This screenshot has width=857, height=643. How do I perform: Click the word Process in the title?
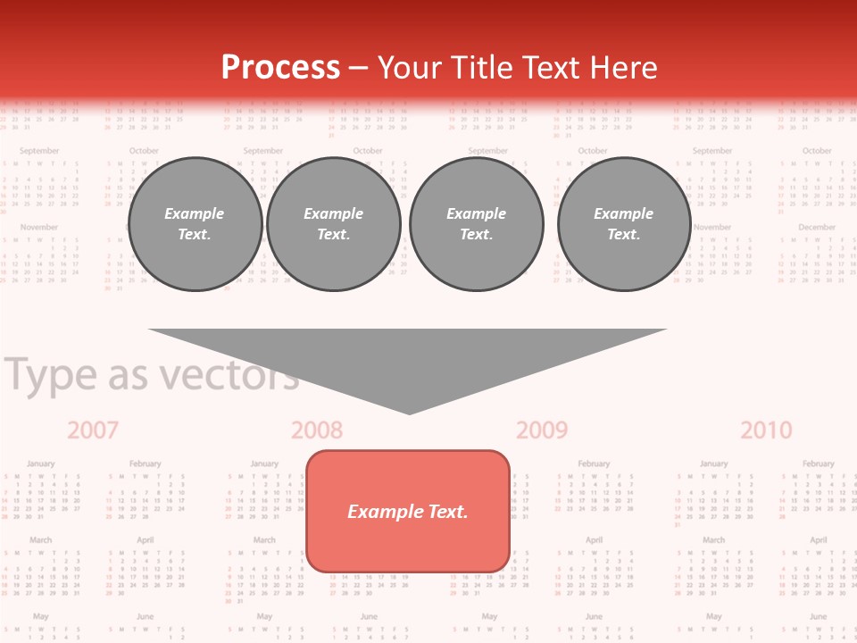tap(280, 68)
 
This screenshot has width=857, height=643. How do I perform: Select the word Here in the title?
tap(622, 68)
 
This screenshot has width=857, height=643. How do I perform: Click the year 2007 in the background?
tap(93, 430)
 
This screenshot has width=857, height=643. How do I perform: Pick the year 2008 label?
tap(317, 430)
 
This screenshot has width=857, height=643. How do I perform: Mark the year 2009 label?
tap(542, 430)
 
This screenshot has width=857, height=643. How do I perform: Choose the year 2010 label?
tap(766, 430)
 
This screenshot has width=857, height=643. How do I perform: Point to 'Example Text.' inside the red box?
tap(408, 512)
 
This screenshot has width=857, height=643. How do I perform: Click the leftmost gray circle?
tap(195, 224)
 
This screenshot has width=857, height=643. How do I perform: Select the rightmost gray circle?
tap(624, 224)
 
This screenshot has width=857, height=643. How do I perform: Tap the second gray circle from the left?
tap(334, 224)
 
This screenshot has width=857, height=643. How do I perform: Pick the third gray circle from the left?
tap(477, 224)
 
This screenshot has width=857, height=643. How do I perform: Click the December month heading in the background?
tap(817, 228)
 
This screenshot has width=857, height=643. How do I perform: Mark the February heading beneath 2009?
tap(594, 464)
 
